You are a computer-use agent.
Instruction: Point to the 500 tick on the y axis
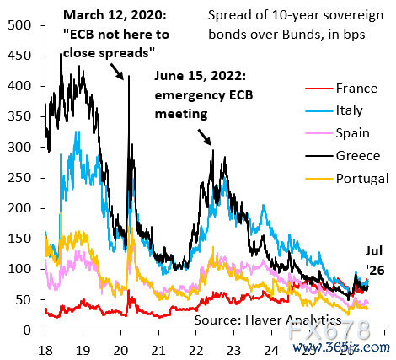click(19, 25)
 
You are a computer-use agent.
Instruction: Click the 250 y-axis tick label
click(19, 178)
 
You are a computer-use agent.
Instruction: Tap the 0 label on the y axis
click(27, 330)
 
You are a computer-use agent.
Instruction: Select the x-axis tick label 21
click(158, 351)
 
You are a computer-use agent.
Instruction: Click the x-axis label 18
click(45, 351)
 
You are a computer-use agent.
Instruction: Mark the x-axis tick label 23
click(234, 351)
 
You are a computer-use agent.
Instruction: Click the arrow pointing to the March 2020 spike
click(116, 72)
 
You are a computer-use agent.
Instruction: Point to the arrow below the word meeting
click(205, 137)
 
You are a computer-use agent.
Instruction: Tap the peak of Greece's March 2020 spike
click(129, 75)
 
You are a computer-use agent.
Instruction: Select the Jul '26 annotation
click(375, 261)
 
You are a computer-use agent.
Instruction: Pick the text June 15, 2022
click(201, 76)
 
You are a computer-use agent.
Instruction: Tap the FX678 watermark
click(329, 330)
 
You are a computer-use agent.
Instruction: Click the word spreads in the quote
click(127, 52)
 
